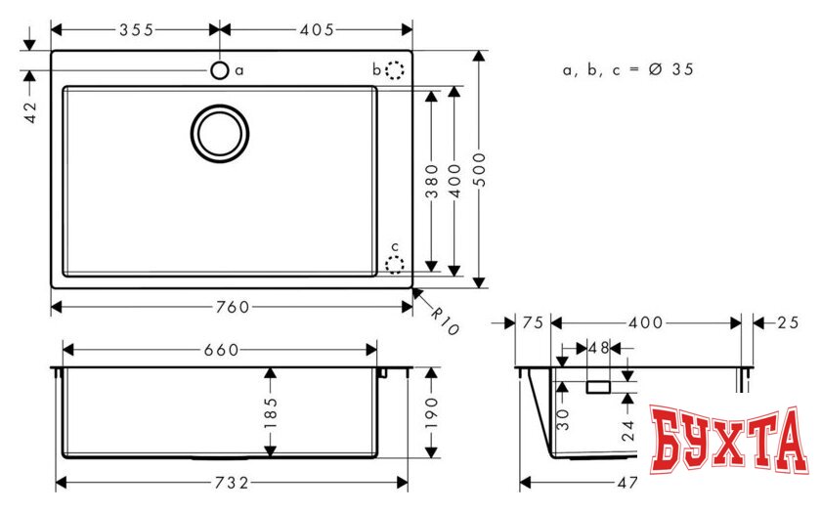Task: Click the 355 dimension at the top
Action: (x=136, y=29)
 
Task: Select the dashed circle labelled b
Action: (x=394, y=70)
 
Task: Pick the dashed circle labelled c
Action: (x=394, y=264)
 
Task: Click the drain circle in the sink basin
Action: (x=219, y=133)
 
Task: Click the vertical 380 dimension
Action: (x=431, y=180)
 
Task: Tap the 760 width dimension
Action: (x=232, y=307)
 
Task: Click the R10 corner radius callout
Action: (x=444, y=319)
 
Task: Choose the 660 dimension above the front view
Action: (x=219, y=350)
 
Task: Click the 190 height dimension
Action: (x=432, y=414)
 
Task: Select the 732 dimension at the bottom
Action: (x=232, y=482)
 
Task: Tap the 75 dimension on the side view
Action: (x=533, y=322)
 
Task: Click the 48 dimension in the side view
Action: (x=598, y=347)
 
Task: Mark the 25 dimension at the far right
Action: (x=789, y=322)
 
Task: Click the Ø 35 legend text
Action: (x=628, y=70)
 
